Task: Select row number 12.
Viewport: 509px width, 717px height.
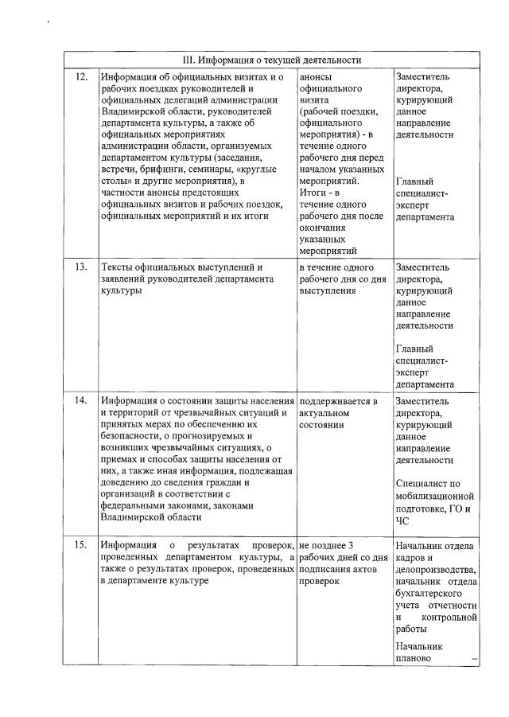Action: click(80, 77)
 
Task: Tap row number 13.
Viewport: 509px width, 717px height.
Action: click(80, 267)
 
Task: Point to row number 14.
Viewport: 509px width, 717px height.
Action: click(80, 400)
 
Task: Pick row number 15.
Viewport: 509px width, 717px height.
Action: click(80, 545)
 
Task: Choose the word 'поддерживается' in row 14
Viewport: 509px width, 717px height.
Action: click(333, 400)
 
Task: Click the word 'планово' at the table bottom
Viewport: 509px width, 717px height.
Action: click(413, 658)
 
